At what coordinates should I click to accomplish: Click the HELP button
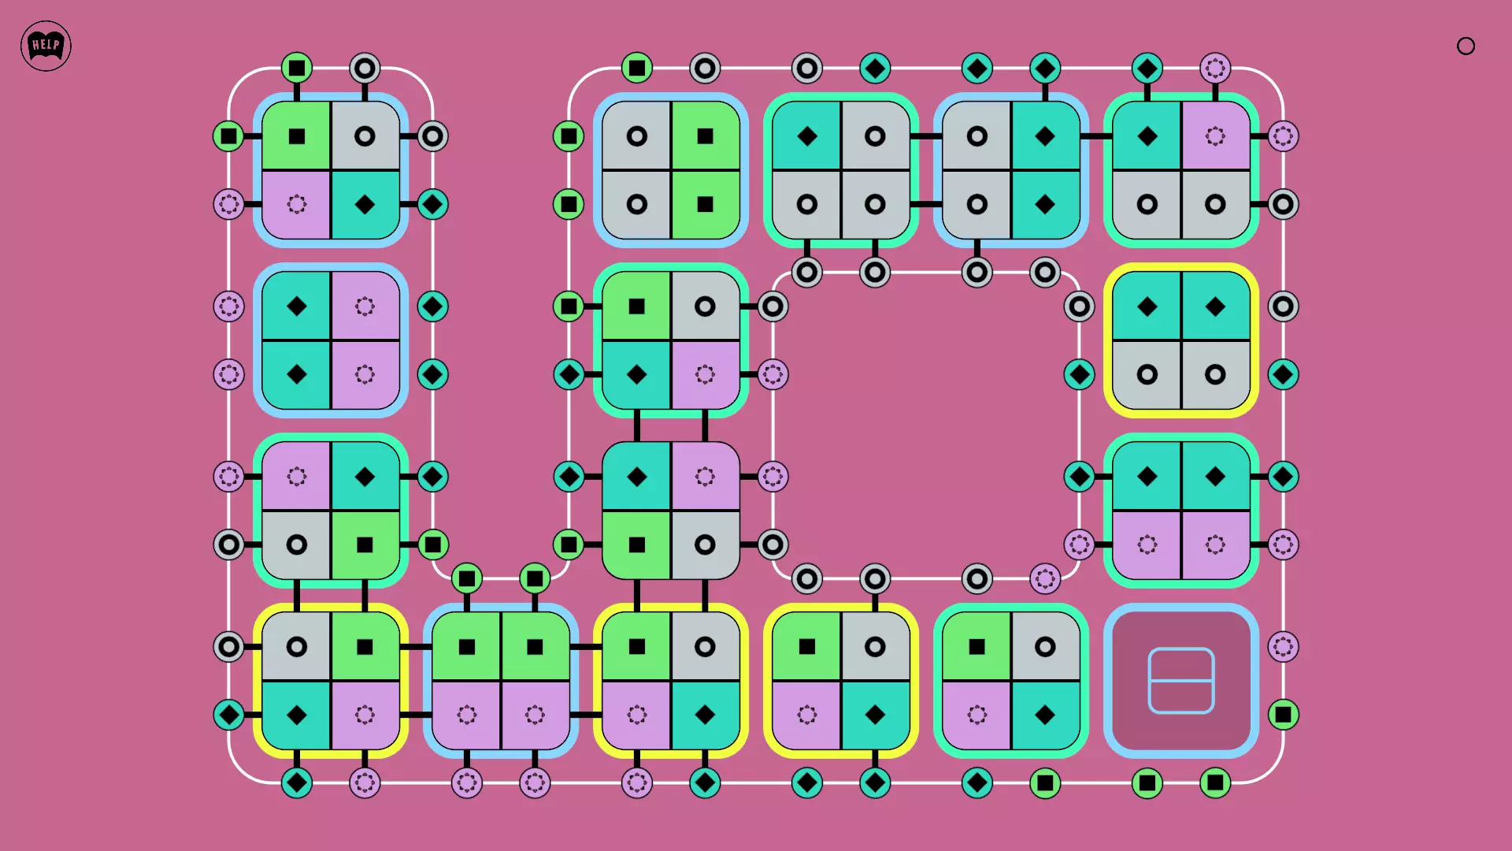46,46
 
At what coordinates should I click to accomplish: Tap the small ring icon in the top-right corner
1466,46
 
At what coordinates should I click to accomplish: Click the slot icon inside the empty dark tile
1180,681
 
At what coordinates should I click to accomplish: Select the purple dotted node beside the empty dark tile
1283,647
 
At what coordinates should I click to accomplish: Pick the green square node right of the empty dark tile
1283,715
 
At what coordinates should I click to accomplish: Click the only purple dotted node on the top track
1215,69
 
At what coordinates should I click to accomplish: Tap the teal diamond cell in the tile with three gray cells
807,136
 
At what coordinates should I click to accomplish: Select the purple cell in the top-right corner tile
1215,136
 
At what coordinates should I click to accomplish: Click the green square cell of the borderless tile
637,544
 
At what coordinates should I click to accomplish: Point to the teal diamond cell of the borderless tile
637,477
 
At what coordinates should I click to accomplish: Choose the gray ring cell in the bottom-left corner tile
297,647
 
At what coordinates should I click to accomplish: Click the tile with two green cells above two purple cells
501,681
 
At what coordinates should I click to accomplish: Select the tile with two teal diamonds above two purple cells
1180,511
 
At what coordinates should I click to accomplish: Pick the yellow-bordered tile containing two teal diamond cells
1180,340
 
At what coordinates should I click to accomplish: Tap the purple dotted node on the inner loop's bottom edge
1045,579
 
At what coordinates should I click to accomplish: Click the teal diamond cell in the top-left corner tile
365,204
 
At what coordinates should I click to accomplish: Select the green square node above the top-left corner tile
297,69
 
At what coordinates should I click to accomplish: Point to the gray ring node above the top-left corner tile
365,69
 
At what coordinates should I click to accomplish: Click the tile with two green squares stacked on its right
671,170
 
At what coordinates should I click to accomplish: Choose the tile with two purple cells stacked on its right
331,340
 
